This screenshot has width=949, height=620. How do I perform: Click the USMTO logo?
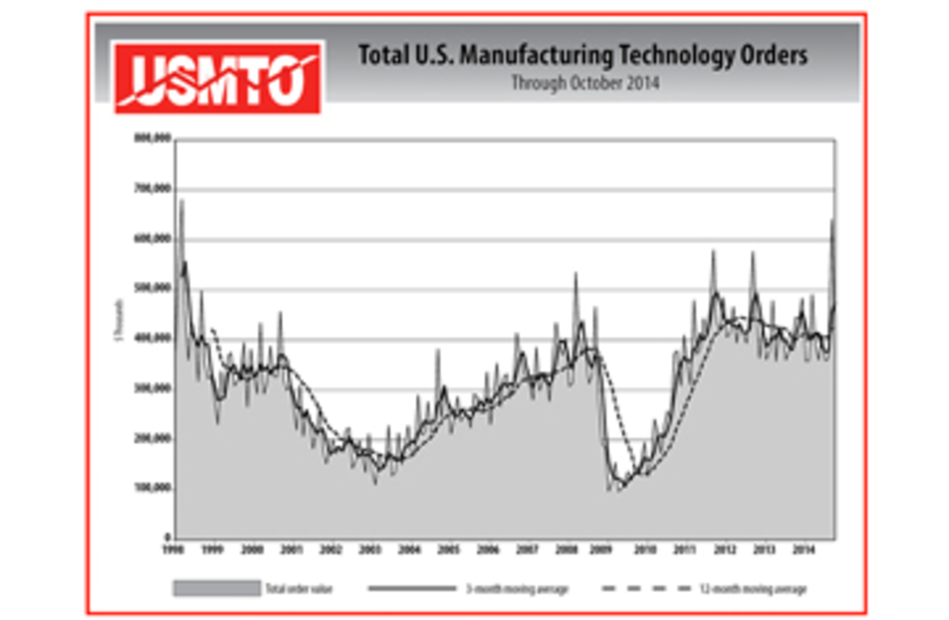(217, 78)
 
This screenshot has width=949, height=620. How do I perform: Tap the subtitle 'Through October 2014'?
(585, 83)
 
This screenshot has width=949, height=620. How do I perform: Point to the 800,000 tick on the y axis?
(152, 138)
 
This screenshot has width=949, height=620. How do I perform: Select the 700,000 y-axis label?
(152, 189)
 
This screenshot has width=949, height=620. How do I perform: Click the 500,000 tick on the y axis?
(152, 288)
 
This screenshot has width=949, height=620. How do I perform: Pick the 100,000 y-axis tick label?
(152, 488)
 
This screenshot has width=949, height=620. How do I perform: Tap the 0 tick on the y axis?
(168, 537)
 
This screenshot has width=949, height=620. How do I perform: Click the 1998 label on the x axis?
(173, 550)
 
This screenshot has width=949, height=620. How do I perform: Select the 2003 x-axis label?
(370, 550)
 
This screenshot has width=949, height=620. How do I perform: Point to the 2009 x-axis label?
(601, 550)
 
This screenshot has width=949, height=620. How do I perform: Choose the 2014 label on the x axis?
(803, 550)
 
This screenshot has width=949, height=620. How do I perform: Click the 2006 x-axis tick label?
(488, 550)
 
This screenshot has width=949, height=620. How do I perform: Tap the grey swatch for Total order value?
(216, 588)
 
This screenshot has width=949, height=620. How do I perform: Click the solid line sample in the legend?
(412, 588)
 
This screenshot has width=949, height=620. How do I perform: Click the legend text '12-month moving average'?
(753, 589)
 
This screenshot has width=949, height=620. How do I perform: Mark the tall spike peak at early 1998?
(182, 200)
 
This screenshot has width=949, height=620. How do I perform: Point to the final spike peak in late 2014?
(833, 221)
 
